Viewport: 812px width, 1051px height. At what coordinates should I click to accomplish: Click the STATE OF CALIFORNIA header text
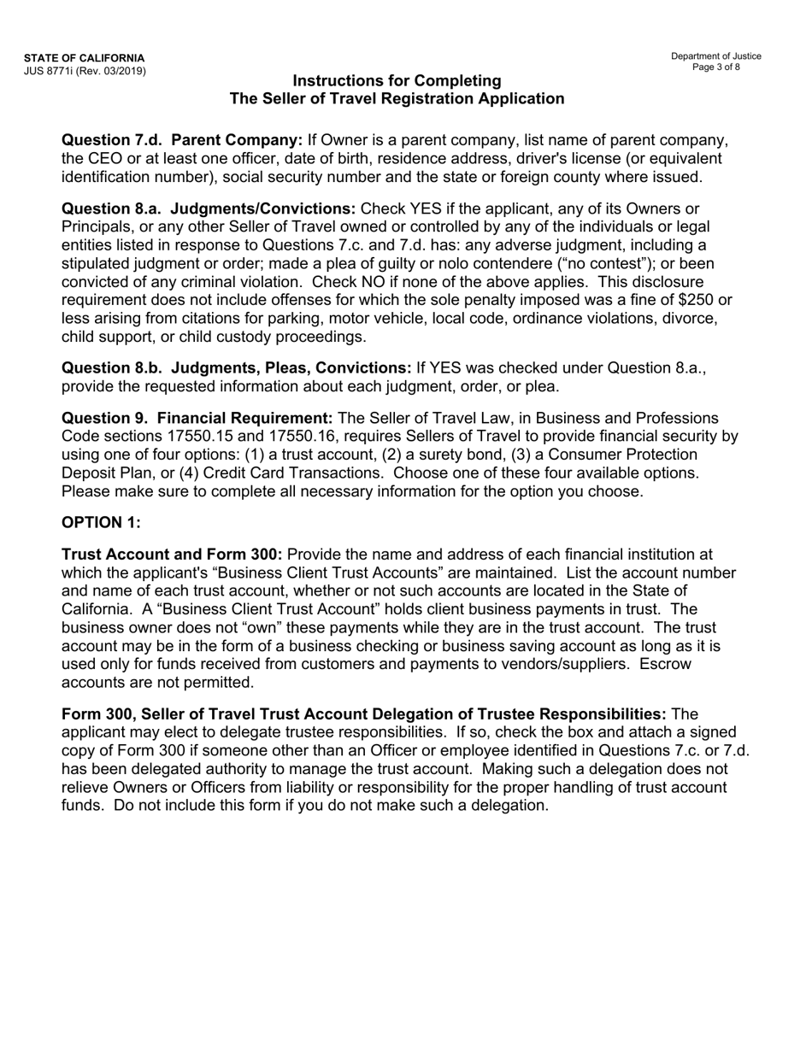(x=84, y=58)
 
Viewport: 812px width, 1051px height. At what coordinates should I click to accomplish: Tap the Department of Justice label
(x=715, y=56)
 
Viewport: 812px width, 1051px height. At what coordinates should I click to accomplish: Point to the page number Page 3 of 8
(x=716, y=67)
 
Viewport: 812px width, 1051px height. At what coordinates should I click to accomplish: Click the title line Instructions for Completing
(x=397, y=80)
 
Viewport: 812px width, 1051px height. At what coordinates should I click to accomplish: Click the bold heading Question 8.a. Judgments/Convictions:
(x=209, y=209)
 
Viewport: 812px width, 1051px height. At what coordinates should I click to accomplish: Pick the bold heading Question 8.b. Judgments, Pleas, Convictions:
(x=237, y=367)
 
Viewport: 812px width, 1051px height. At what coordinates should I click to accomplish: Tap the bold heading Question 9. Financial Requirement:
(x=197, y=418)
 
